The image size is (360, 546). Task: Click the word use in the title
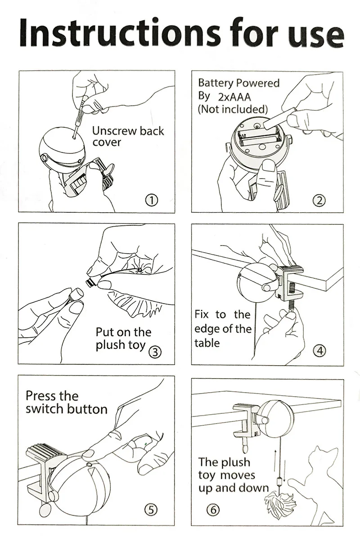pos(311,35)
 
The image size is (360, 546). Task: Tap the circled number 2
pos(319,201)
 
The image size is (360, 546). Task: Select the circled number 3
pos(155,352)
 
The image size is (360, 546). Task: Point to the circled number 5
pos(151,510)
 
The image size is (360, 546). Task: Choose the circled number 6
pos(213,510)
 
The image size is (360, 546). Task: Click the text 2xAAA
pos(234,97)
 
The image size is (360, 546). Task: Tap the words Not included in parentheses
pos(233,109)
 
